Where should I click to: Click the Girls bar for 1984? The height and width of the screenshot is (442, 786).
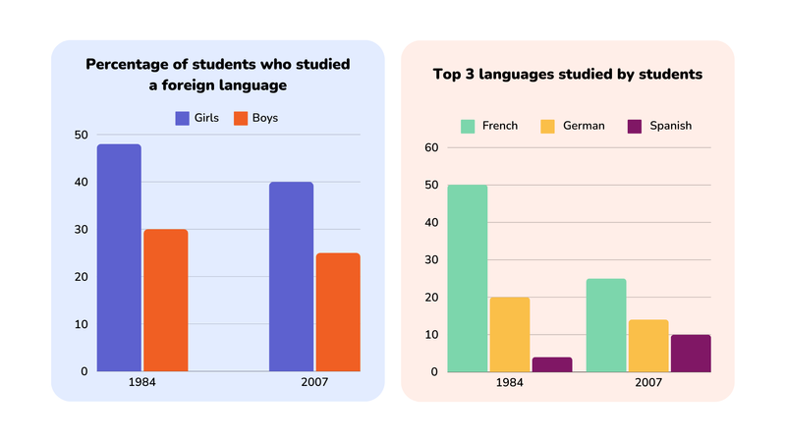click(x=119, y=258)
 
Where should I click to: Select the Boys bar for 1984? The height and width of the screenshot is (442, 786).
click(x=165, y=301)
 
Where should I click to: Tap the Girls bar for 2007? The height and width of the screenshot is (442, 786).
click(x=291, y=277)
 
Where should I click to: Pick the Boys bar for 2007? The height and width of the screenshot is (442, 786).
click(x=337, y=312)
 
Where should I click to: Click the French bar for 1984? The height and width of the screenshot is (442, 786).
click(x=467, y=279)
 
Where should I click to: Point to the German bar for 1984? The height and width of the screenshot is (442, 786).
click(x=509, y=335)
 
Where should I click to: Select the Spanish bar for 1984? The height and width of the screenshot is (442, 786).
click(x=552, y=364)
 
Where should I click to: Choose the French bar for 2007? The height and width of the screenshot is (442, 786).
click(x=606, y=325)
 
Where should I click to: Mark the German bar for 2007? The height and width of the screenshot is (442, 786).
click(x=648, y=346)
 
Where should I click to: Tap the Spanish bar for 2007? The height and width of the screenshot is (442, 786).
click(x=691, y=354)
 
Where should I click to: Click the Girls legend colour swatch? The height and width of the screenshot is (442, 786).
click(x=183, y=118)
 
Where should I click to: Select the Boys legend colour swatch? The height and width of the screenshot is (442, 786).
click(x=240, y=118)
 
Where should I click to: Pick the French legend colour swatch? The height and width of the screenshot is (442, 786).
click(x=468, y=126)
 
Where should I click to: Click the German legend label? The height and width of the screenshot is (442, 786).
click(x=584, y=126)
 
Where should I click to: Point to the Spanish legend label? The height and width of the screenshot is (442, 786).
click(x=669, y=126)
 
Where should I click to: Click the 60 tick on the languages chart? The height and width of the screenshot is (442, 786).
click(x=430, y=148)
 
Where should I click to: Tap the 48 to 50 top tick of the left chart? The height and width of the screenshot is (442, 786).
click(x=81, y=136)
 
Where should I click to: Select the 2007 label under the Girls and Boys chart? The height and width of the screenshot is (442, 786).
click(x=313, y=382)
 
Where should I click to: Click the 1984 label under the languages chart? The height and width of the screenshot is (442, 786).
click(x=509, y=382)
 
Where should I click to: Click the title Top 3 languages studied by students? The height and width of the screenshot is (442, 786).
click(x=567, y=74)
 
